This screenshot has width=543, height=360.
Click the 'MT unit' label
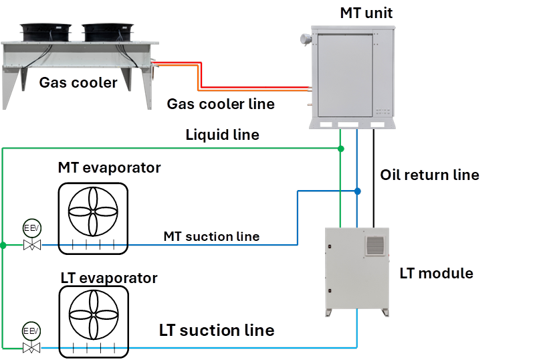pyautogui.click(x=366, y=13)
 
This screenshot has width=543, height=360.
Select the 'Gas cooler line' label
pyautogui.click(x=220, y=104)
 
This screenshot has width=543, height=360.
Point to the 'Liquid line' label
pyautogui.click(x=222, y=135)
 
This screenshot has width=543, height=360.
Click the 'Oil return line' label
pyautogui.click(x=429, y=175)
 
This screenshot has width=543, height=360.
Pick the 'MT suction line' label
pyautogui.click(x=211, y=236)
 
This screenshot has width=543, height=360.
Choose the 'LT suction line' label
pyautogui.click(x=216, y=331)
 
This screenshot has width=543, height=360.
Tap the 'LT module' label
pyautogui.click(x=437, y=273)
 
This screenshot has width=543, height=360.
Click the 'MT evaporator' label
pyautogui.click(x=110, y=167)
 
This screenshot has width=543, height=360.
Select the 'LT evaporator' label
pyautogui.click(x=108, y=278)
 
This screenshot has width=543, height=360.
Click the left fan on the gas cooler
pyautogui.click(x=45, y=31)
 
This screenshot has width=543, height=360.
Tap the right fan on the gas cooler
pyautogui.click(x=107, y=31)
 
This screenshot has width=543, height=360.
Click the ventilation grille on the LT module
pyautogui.click(x=376, y=244)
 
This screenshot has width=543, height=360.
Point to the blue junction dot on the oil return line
pyautogui.click(x=358, y=191)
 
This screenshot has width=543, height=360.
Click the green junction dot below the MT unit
pyautogui.click(x=340, y=148)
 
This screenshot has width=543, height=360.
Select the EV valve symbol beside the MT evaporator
pyautogui.click(x=31, y=236)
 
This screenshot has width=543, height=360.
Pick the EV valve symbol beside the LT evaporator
pyautogui.click(x=31, y=339)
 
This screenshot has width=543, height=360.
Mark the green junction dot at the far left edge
pyautogui.click(x=3, y=246)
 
